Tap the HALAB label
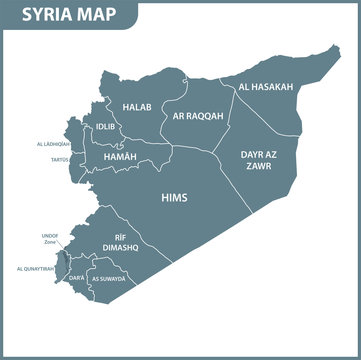[135, 106]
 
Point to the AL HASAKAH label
[265, 87]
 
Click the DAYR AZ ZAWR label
[261, 160]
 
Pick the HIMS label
[174, 198]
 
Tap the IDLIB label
[106, 127]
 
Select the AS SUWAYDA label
[109, 279]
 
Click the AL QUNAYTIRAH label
[36, 269]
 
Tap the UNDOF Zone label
[49, 238]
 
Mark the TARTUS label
[59, 159]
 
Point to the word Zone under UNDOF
[50, 242]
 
